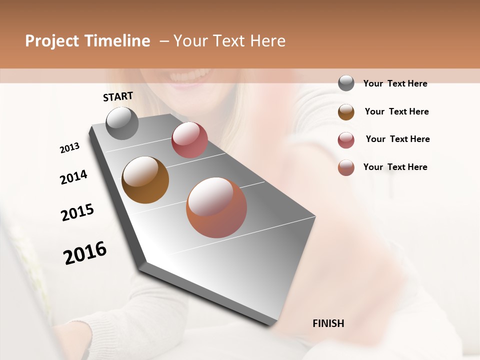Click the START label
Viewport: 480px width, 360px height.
tap(118, 96)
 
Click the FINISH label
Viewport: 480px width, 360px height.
tap(328, 323)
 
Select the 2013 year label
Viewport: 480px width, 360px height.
tap(70, 147)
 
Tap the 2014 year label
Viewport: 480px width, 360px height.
tap(73, 177)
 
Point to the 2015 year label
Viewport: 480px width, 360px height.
tap(77, 212)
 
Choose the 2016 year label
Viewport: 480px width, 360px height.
tap(85, 252)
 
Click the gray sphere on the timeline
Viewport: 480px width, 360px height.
tap(122, 123)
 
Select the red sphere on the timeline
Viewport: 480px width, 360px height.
tap(189, 140)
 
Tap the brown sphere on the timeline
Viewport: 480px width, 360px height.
tap(145, 180)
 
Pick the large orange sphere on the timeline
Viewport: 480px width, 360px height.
tap(216, 207)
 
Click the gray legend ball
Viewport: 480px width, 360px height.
tap(346, 83)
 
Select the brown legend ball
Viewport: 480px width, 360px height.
tap(346, 111)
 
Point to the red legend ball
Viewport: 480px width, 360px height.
tap(346, 139)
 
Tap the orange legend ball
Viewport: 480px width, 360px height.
tap(346, 167)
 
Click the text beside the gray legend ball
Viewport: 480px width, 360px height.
tap(395, 83)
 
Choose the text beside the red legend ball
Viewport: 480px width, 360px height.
tap(397, 139)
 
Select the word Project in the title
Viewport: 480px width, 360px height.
tap(51, 41)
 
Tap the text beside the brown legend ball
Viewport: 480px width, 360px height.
tap(396, 111)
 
